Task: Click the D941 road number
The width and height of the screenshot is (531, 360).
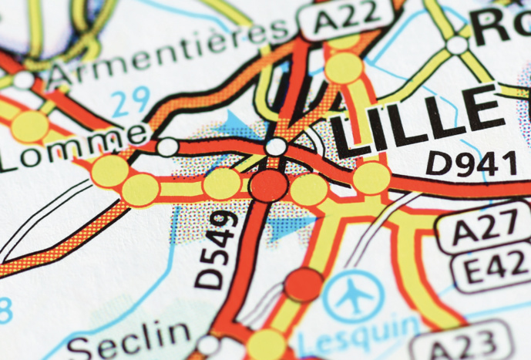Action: [472, 163]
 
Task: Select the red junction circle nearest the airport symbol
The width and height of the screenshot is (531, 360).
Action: [303, 283]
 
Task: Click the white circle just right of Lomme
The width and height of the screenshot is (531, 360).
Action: [167, 146]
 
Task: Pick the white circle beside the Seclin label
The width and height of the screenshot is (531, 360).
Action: [208, 344]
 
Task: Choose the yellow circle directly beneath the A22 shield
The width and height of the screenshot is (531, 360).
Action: [344, 67]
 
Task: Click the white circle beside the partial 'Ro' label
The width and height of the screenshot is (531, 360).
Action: [458, 45]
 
